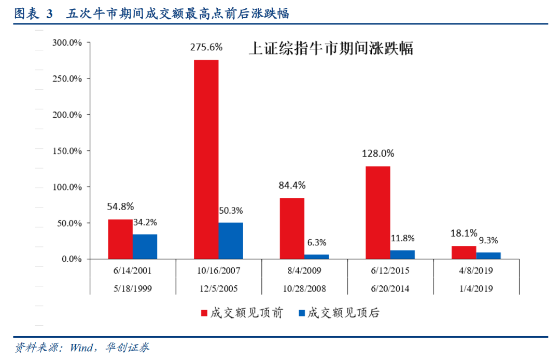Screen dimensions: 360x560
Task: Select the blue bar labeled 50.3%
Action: [231, 241]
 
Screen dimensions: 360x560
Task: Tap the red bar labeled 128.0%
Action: [377, 212]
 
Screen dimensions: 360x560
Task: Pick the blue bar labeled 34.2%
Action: [145, 246]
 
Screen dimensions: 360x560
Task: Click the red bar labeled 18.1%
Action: [464, 252]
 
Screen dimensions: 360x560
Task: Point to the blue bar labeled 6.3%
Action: [316, 256]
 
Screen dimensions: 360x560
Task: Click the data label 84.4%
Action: [292, 185]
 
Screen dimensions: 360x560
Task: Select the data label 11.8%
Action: [402, 239]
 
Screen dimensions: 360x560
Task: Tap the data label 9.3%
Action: [488, 240]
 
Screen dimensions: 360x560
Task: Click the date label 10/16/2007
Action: [218, 271]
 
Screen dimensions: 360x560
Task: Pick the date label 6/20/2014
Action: [390, 289]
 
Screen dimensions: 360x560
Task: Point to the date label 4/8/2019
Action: [475, 271]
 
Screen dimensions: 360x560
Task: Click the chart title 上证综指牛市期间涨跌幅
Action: [331, 49]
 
